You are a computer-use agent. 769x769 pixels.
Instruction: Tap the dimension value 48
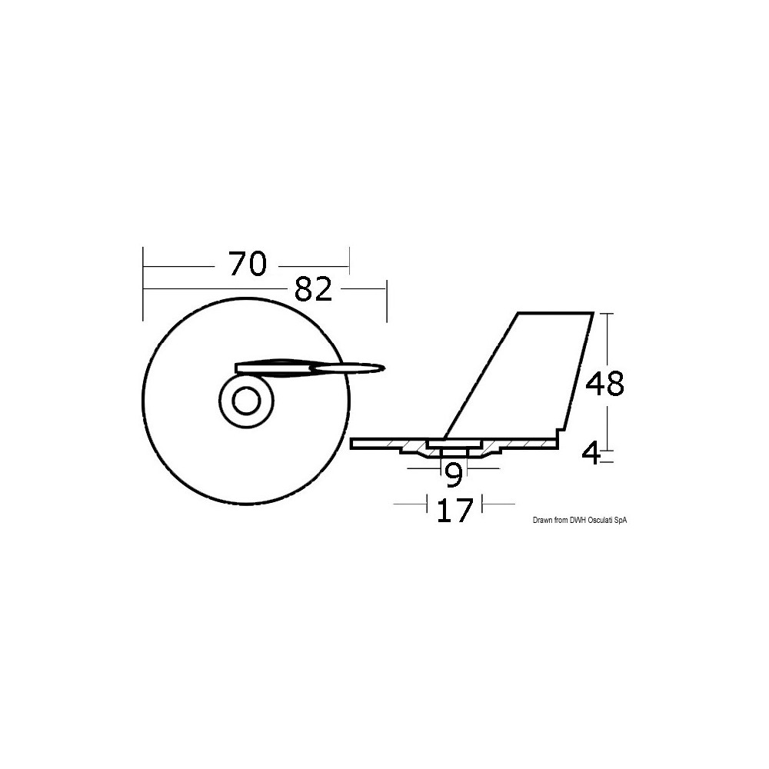605,384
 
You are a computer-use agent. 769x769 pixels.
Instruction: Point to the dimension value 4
591,454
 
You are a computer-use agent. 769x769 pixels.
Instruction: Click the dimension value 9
454,475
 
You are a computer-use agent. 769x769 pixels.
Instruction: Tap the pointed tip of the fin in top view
385,367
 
